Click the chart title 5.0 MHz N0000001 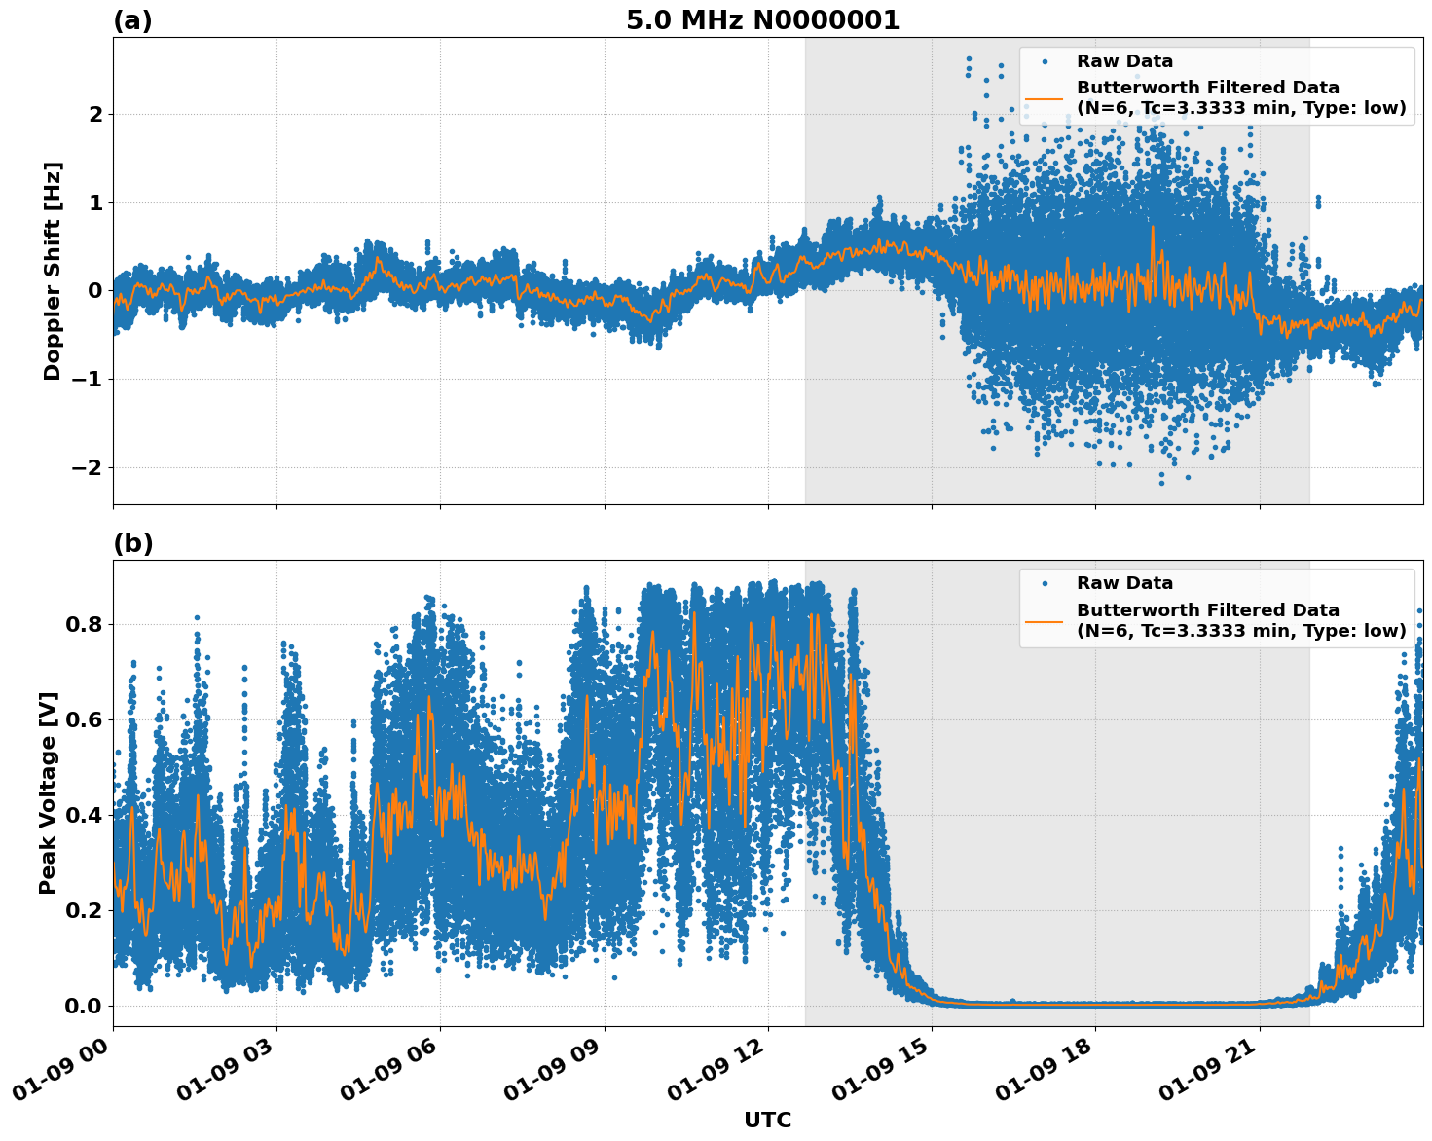[762, 20]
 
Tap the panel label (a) [132, 20]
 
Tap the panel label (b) [132, 543]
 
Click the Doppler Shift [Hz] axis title [53, 271]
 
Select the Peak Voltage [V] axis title [48, 792]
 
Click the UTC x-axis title [767, 1120]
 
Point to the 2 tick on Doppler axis [95, 115]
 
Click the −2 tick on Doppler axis [87, 468]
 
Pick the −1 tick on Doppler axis [87, 380]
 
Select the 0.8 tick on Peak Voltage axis [83, 624]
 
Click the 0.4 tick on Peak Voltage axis [83, 815]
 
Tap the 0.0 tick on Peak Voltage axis [83, 1006]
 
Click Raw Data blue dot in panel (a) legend [1045, 61]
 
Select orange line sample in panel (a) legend [1045, 98]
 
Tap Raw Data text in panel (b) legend [1124, 583]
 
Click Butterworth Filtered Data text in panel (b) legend [1207, 610]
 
